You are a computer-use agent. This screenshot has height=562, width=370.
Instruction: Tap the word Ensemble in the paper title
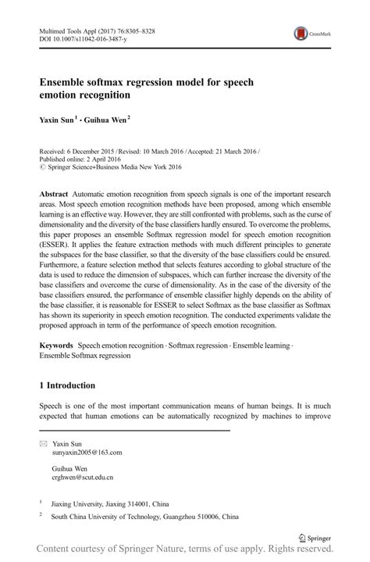(x=66, y=81)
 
